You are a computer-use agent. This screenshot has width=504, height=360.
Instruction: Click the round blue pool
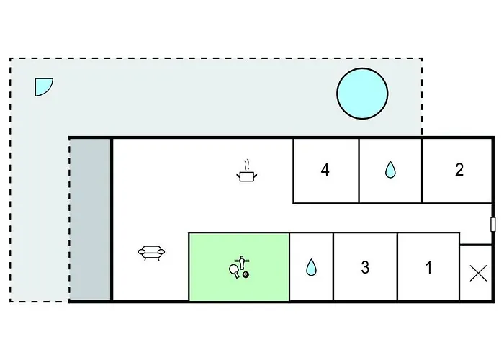(x=362, y=94)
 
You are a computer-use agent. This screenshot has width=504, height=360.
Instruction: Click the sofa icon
(x=151, y=253)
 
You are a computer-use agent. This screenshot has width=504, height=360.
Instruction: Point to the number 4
(x=325, y=170)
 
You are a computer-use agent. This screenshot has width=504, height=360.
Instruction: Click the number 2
(x=459, y=170)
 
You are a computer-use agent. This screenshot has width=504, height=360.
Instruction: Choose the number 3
(x=365, y=267)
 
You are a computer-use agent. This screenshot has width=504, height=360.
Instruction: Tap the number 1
(x=428, y=267)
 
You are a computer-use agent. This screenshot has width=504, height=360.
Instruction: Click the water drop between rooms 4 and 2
(x=390, y=169)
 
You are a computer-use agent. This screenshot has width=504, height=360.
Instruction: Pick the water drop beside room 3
(x=311, y=267)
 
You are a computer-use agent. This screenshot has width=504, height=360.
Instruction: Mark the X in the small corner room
(x=478, y=273)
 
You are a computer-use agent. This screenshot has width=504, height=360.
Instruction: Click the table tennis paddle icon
(x=234, y=270)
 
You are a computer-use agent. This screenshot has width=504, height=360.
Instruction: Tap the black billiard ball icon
(x=246, y=275)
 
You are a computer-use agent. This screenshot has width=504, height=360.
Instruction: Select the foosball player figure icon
(x=242, y=263)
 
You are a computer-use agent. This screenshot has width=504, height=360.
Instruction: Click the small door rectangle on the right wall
(x=492, y=225)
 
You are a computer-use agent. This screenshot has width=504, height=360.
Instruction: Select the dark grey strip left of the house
(x=90, y=220)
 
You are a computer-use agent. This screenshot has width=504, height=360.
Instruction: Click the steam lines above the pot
(x=246, y=165)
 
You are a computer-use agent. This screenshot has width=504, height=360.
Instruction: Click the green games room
(x=239, y=267)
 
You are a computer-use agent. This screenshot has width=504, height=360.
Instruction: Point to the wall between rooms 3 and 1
(x=397, y=267)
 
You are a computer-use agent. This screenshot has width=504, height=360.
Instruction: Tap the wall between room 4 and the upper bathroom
(x=359, y=171)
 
